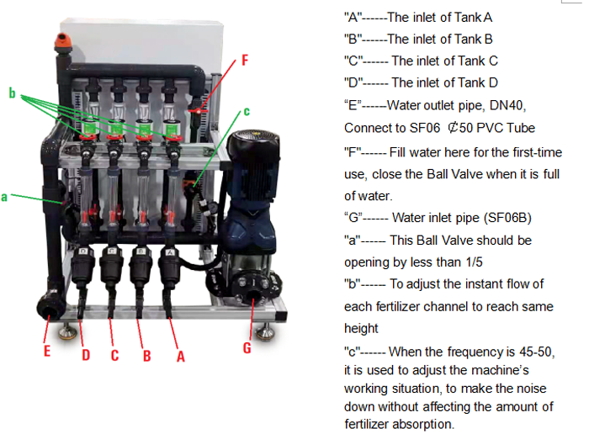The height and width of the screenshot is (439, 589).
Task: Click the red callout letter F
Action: click(245, 60)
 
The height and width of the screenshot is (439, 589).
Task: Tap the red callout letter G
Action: click(247, 347)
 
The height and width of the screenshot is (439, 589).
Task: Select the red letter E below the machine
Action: click(47, 351)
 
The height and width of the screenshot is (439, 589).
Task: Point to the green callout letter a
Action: click(4, 197)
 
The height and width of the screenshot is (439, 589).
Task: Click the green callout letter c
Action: click(247, 111)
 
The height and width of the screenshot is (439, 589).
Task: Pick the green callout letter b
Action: click(13, 93)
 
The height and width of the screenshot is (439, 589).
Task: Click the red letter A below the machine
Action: click(181, 356)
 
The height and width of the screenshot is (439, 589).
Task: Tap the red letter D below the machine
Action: click(86, 355)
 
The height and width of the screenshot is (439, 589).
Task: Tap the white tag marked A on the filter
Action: click(170, 252)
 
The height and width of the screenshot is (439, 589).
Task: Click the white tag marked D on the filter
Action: click(83, 251)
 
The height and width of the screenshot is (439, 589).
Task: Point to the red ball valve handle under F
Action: click(198, 111)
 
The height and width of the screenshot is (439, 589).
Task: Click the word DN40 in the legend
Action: click(508, 105)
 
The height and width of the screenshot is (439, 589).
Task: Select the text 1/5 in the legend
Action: click(474, 262)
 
